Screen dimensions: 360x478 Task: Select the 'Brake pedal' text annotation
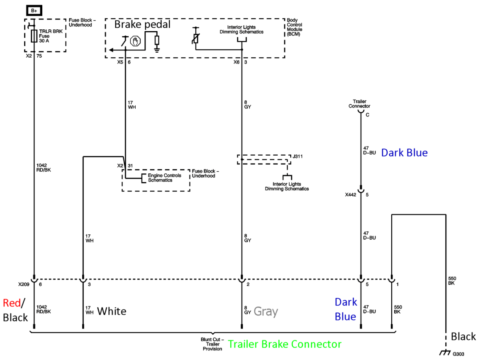tap(142, 24)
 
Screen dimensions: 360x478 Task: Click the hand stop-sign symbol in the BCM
tap(134, 41)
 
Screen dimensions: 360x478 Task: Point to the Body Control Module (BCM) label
tap(295, 27)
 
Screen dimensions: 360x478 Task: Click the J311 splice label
tap(298, 157)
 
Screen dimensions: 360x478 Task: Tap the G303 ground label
tap(458, 354)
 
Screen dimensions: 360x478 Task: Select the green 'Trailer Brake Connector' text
tap(285, 344)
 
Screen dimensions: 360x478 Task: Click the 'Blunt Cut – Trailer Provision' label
tap(212, 344)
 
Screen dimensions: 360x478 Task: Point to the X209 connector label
tap(24, 285)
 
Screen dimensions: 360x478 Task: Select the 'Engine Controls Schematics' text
tap(164, 178)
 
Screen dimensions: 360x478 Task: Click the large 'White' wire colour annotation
tap(112, 311)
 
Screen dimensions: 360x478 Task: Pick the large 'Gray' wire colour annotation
tap(266, 311)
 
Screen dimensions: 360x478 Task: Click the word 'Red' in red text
tap(12, 303)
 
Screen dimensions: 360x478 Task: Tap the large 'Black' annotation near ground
tap(463, 336)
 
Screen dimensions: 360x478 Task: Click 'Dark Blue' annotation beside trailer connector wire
tap(404, 153)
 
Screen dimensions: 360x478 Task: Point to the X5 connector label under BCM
tap(120, 62)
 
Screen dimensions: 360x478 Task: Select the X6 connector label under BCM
tap(236, 62)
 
